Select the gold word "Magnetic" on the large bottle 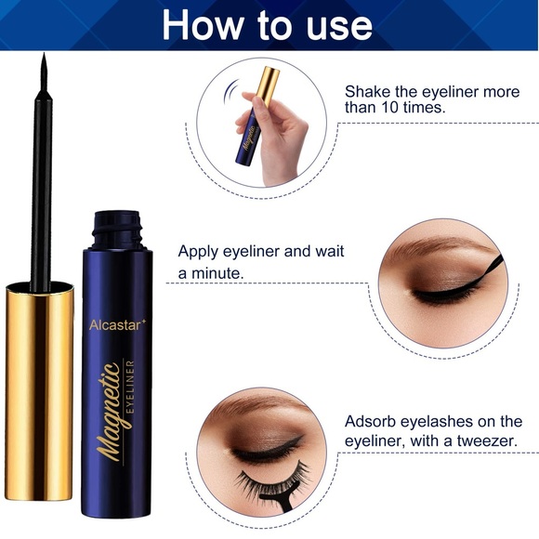[111, 409]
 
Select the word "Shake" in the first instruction [368, 92]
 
